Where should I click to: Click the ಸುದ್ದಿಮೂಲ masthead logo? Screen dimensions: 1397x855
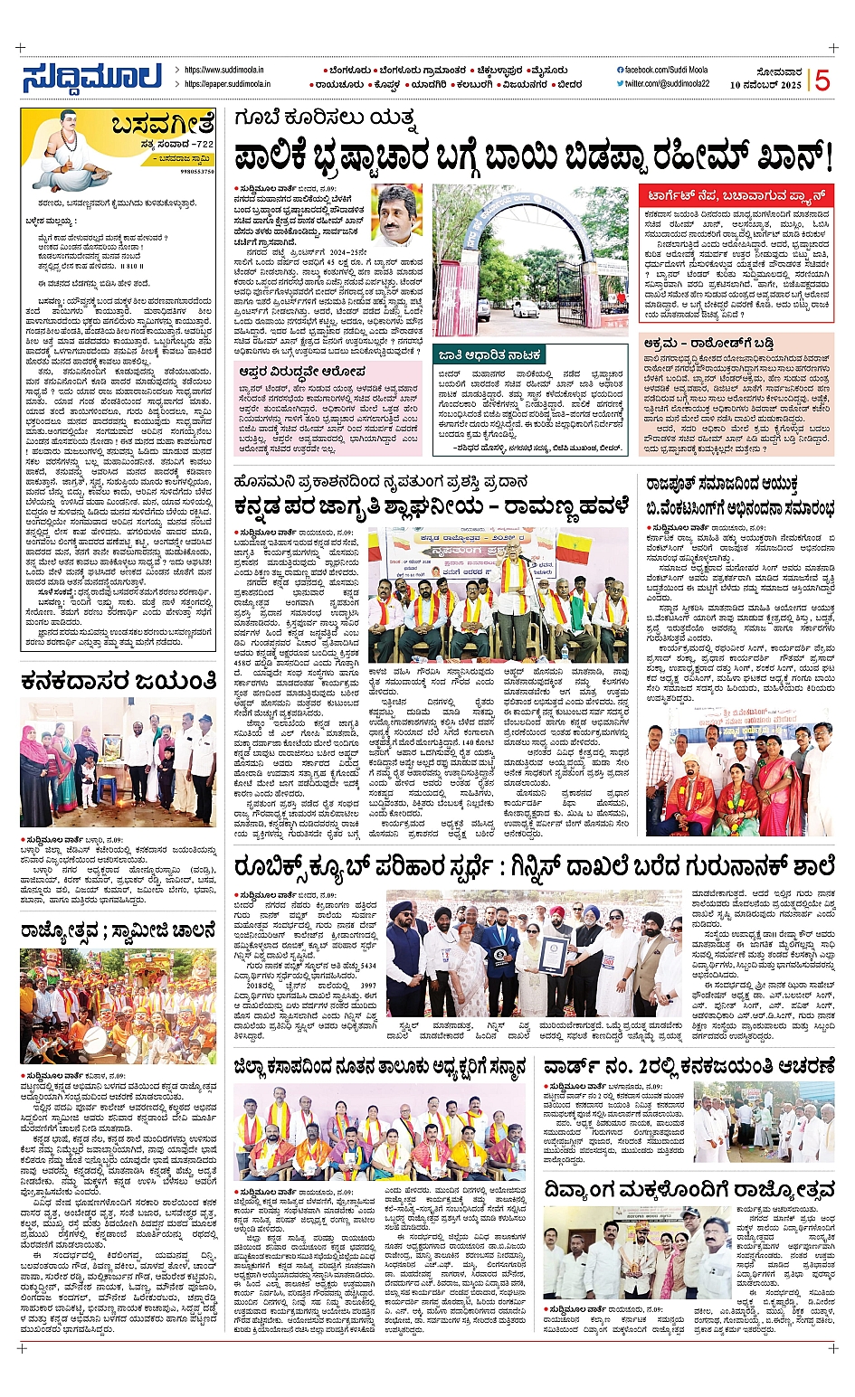tap(92, 78)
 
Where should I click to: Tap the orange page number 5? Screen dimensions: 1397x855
tap(822, 80)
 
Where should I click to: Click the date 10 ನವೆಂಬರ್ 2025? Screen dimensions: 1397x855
tap(765, 85)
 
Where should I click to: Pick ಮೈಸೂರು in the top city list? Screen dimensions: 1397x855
tap(549, 71)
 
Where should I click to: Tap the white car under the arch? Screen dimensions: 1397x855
tap(525, 307)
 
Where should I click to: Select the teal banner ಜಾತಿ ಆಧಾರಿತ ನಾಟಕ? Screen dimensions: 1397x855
tap(489, 355)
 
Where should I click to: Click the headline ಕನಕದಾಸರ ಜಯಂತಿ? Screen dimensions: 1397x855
tap(119, 680)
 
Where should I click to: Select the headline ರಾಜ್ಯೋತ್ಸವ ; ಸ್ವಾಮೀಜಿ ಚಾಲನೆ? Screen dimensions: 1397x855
tap(119, 930)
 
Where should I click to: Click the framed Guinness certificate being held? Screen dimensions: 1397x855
tap(553, 954)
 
